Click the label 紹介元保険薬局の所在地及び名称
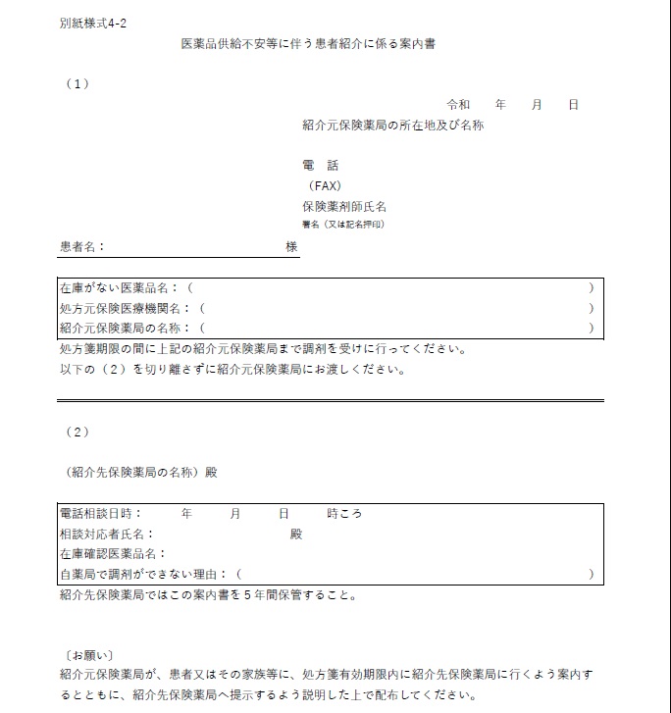(392, 126)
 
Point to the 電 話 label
(320, 166)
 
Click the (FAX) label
(324, 186)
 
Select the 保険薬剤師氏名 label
(344, 207)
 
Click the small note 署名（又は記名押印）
(343, 225)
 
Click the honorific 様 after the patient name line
(291, 247)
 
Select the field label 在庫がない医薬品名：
(119, 288)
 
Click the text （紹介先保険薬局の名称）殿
(137, 472)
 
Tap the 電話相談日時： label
(100, 513)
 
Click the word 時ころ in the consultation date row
(344, 513)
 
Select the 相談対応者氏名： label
(106, 534)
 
